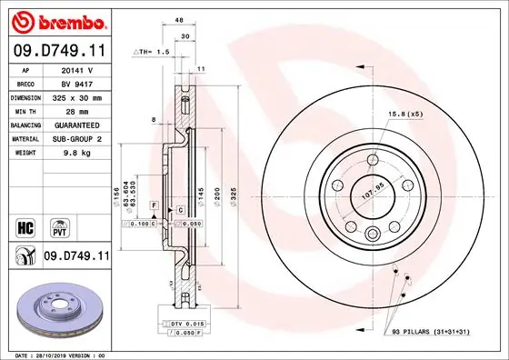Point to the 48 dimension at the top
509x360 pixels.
point(179,20)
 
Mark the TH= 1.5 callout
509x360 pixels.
point(154,53)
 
